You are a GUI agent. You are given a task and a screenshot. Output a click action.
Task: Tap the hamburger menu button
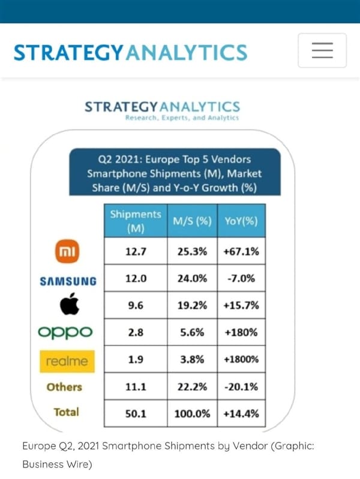click(x=322, y=50)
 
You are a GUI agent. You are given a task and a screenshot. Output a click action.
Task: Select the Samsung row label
click(x=68, y=281)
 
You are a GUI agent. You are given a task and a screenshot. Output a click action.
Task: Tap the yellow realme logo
click(x=67, y=361)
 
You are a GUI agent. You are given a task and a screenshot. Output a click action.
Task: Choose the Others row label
click(x=64, y=387)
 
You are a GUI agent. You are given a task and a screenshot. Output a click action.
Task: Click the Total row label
click(x=66, y=412)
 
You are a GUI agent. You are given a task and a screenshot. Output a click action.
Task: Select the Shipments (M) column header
click(x=136, y=221)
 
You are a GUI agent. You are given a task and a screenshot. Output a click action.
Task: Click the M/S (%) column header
click(x=192, y=221)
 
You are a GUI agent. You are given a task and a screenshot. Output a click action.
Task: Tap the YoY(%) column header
click(x=241, y=221)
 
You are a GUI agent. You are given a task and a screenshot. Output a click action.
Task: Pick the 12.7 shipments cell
click(x=136, y=252)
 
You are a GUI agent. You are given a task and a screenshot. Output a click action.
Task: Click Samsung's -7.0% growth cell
click(x=241, y=279)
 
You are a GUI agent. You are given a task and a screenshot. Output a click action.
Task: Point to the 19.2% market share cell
click(x=192, y=305)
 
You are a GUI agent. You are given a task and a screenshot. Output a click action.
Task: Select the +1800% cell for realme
click(x=241, y=360)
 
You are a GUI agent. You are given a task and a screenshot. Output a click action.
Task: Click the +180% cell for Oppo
click(x=241, y=333)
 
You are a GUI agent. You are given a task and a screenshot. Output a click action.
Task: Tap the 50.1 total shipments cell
click(x=136, y=413)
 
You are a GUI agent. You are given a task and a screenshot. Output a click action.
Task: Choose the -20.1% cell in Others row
click(x=241, y=387)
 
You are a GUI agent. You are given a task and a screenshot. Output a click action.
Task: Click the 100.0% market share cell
click(x=192, y=413)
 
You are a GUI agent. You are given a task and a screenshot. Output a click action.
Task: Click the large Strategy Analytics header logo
click(x=130, y=52)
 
